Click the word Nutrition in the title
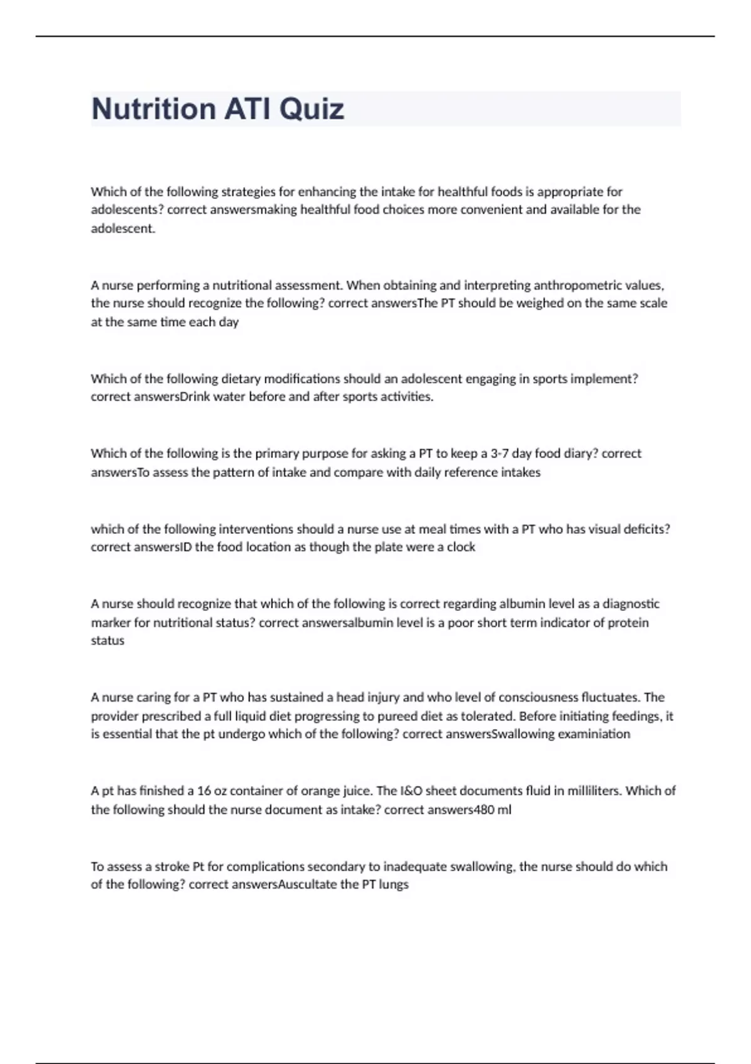click(153, 109)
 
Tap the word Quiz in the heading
click(312, 109)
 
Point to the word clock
click(461, 547)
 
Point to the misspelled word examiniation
click(593, 734)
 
